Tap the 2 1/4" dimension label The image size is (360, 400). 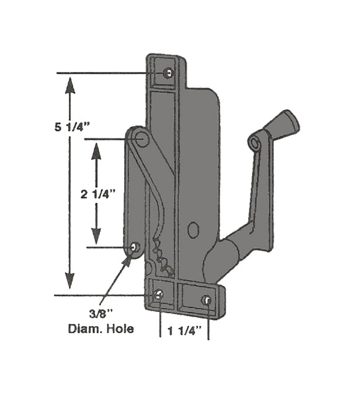coord(99,194)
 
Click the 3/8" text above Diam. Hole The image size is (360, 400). coord(101,314)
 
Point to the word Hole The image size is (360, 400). coord(120,329)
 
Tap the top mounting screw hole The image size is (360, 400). coord(169,73)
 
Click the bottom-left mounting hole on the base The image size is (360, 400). coord(160,295)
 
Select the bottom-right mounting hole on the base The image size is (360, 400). coord(206,300)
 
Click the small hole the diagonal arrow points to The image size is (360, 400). coord(134,247)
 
